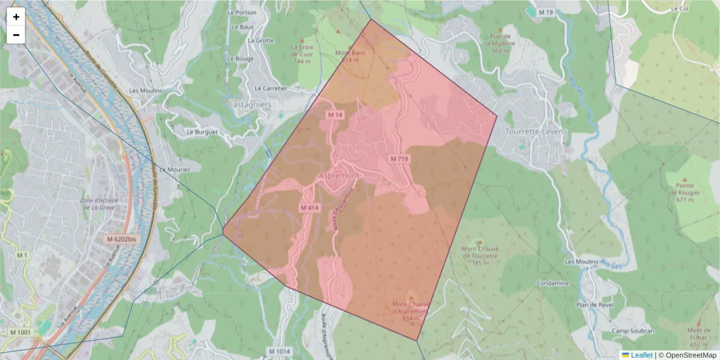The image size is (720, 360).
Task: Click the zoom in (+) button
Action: coord(16,17)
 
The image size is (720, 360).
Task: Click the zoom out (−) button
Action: coord(16,35)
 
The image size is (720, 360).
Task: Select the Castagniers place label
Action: coord(250,104)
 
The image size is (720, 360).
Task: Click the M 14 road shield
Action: coord(335,115)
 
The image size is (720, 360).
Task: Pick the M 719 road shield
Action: coord(399,159)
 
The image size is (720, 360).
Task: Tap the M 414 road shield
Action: coord(310,208)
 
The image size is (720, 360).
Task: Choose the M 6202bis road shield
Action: coord(121,239)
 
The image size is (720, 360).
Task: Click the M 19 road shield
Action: coord(545,12)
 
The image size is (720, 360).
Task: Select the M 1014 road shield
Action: coord(279,351)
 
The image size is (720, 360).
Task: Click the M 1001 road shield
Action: coord(20,332)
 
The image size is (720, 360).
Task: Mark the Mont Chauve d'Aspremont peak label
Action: coord(411,310)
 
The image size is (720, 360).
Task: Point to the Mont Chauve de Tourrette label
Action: coord(479,252)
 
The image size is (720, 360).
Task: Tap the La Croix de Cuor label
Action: coord(302,54)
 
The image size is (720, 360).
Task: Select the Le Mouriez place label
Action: coord(175,170)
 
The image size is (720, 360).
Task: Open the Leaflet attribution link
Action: coord(641,355)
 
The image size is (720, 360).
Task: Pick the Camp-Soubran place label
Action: coord(632,331)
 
